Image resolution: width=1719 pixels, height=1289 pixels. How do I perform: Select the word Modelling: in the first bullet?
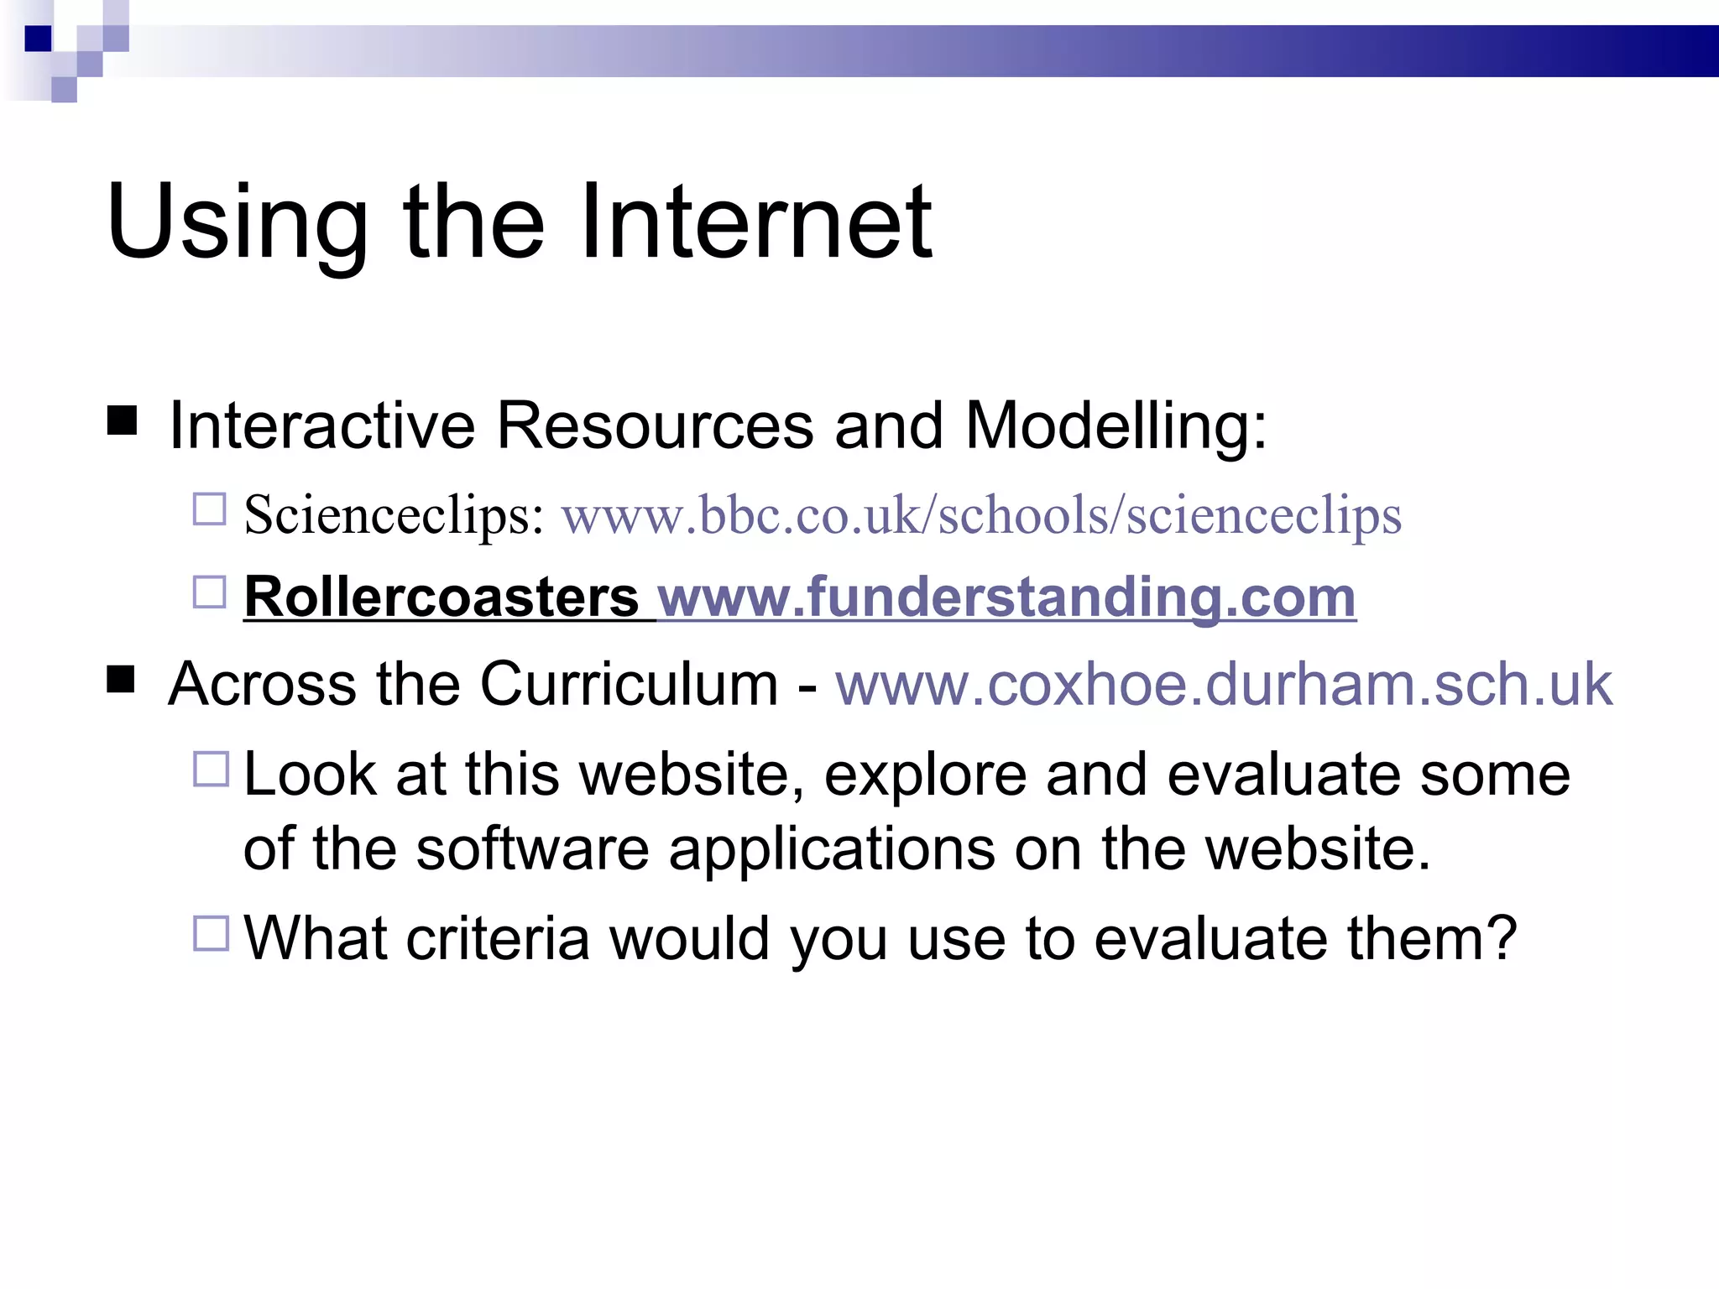tap(1116, 425)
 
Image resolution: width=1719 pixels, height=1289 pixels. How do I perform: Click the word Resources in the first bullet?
tap(655, 425)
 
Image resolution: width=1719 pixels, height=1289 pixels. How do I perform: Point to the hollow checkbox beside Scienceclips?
tap(210, 509)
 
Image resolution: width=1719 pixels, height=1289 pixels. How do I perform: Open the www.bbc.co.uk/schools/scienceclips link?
tap(981, 514)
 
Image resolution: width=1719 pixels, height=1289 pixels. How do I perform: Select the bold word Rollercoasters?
tap(442, 597)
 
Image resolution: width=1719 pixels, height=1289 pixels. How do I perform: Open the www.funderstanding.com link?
tap(1007, 597)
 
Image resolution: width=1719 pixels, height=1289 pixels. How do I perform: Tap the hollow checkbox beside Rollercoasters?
tap(210, 592)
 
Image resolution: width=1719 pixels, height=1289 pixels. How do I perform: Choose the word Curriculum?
tap(629, 684)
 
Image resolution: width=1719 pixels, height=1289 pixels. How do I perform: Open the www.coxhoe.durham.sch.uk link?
tap(1223, 684)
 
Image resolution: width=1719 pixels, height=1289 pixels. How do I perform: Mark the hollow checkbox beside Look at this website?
tap(211, 769)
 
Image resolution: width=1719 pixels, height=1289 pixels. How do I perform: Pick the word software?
tap(532, 848)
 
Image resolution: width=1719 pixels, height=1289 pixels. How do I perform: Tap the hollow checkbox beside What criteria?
tap(211, 933)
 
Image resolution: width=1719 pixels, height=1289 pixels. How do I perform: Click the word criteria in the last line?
tap(498, 937)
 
